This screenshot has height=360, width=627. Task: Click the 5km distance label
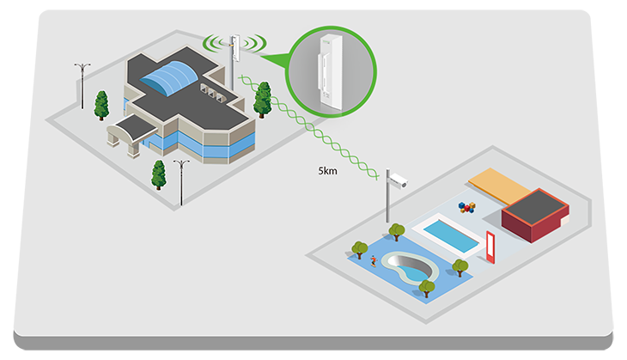point(327,171)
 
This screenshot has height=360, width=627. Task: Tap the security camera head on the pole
point(398,180)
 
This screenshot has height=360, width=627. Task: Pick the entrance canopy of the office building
point(131,130)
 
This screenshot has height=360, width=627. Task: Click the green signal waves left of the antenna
point(214,42)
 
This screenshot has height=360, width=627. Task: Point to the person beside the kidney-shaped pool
point(374,259)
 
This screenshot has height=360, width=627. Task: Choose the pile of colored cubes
point(466,208)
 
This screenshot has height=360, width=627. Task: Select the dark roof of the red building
point(533,206)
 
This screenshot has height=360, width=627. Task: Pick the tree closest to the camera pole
point(396,231)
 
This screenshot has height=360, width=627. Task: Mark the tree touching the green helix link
point(263,98)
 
